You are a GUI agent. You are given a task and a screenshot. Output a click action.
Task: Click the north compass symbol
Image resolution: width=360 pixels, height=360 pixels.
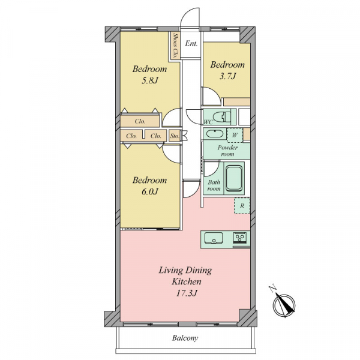tap(283, 303)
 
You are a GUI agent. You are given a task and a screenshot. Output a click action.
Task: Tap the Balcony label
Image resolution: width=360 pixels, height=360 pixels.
tap(185, 338)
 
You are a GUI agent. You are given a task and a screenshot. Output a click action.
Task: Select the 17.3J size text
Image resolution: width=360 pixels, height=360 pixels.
tap(187, 293)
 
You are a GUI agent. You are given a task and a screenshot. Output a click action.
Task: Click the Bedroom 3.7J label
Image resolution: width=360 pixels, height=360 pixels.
tap(227, 70)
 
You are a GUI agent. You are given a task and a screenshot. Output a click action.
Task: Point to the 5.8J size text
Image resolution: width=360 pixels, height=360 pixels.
tap(149, 80)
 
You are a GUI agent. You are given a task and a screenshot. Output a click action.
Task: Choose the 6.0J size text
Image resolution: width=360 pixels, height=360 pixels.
tap(149, 191)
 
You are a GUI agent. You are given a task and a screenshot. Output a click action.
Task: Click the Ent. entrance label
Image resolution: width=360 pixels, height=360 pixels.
tap(191, 44)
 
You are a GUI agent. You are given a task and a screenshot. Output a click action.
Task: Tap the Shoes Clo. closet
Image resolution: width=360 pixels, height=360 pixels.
tap(175, 46)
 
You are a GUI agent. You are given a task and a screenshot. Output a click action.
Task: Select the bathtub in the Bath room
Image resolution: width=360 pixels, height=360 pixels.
tap(235, 178)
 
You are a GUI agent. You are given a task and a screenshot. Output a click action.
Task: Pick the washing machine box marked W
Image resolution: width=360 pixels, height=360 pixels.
tap(235, 135)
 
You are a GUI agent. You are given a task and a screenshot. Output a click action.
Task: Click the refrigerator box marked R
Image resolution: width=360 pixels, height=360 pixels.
tap(242, 206)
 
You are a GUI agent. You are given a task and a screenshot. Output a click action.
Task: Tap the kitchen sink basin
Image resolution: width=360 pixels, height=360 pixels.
tap(214, 238)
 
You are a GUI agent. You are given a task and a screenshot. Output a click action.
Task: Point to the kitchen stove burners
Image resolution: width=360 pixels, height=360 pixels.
tap(239, 238)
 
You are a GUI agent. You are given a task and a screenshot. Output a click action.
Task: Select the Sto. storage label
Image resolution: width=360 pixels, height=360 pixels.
tap(175, 136)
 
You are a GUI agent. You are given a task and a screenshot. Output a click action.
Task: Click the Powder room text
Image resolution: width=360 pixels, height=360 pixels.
tap(227, 151)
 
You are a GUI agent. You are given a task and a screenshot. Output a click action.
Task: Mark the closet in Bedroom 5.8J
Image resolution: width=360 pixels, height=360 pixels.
tap(140, 121)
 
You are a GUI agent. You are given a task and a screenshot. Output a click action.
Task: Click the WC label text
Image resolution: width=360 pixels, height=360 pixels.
tap(208, 122)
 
